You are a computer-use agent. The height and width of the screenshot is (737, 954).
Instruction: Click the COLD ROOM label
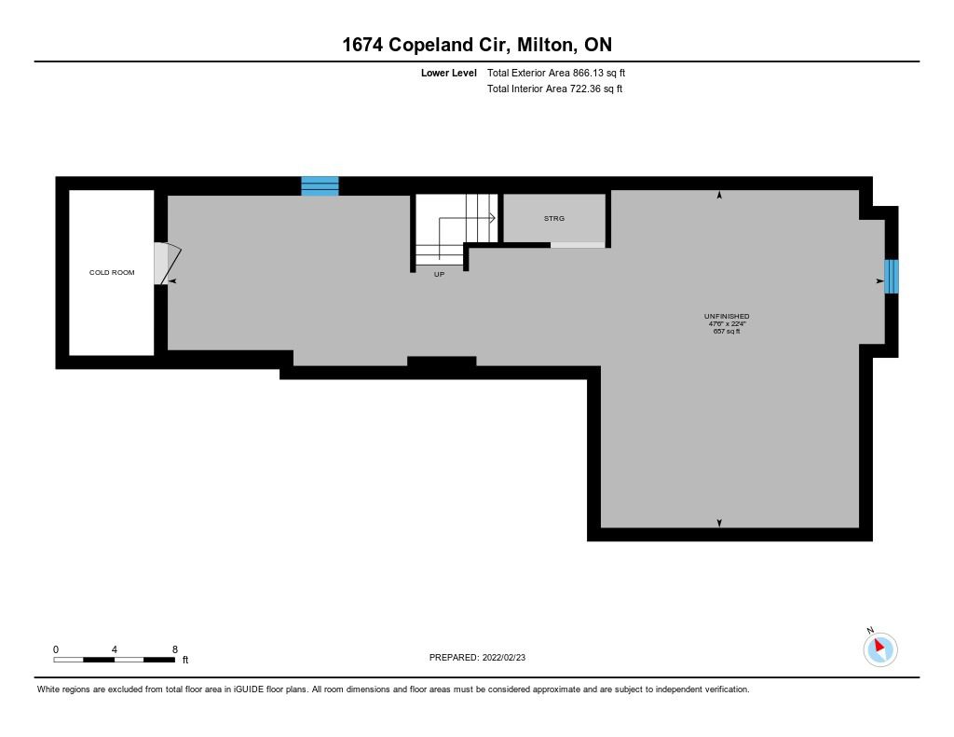point(112,272)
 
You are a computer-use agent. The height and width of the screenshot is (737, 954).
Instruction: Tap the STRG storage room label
point(554,218)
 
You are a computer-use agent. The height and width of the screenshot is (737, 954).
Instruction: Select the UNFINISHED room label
point(727,316)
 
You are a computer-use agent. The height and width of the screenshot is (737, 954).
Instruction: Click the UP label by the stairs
point(440,275)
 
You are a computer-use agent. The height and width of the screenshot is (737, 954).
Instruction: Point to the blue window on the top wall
point(320,186)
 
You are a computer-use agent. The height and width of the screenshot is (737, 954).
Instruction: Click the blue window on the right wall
point(892,277)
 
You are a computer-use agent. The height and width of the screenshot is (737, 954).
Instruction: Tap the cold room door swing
point(168,263)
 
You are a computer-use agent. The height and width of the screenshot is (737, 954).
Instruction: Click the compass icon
point(880,648)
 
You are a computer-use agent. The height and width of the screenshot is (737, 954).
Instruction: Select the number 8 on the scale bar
point(175,649)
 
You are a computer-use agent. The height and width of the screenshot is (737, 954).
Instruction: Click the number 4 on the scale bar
point(115,649)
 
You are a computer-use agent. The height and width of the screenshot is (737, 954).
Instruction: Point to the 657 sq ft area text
point(727,331)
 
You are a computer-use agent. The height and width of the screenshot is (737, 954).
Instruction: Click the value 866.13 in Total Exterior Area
point(587,73)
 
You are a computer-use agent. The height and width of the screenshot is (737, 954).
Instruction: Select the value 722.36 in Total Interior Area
point(584,89)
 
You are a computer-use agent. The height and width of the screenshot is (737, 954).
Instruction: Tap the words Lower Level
point(449,73)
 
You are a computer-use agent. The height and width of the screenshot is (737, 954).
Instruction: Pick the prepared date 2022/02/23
point(504,657)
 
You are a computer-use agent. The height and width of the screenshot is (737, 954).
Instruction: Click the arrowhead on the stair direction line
point(492,217)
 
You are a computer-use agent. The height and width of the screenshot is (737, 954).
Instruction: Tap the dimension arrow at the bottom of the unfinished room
point(720,523)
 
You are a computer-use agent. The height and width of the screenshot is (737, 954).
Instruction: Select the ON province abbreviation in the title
point(598,45)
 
